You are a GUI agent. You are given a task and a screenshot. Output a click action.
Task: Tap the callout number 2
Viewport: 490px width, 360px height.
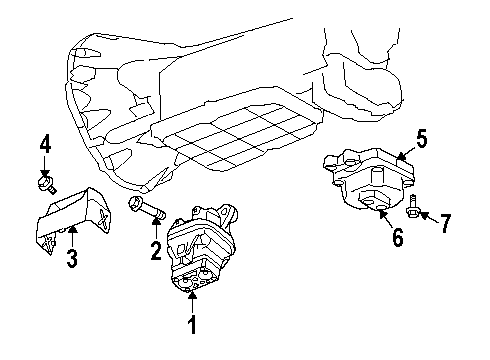(x=156, y=250)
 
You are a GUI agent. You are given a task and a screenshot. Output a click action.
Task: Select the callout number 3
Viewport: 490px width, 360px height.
(x=72, y=261)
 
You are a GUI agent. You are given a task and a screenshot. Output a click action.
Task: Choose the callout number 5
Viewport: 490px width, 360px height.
(x=422, y=141)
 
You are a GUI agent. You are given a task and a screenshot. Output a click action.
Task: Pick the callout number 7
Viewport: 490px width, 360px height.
(x=446, y=222)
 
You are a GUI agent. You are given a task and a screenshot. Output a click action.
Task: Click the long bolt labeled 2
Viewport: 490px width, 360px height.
(x=144, y=211)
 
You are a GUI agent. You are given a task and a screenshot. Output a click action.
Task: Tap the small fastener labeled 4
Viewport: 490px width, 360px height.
(x=46, y=185)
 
